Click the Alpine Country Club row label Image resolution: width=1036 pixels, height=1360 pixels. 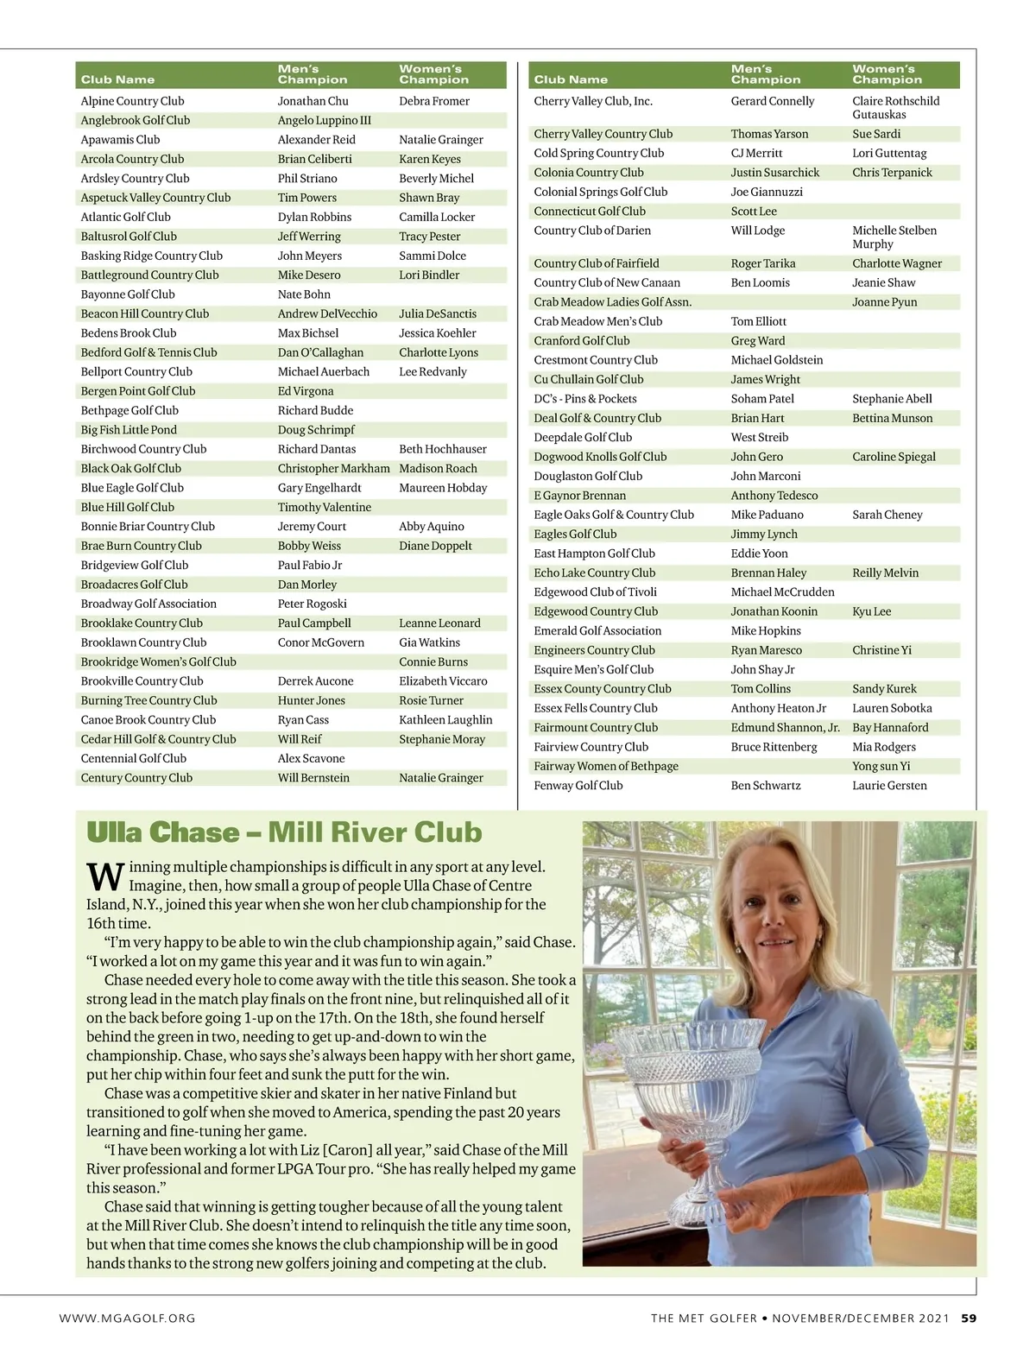(x=132, y=101)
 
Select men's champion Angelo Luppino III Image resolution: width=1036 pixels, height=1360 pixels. (x=324, y=121)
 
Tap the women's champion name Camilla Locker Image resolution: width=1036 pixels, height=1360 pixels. (x=437, y=218)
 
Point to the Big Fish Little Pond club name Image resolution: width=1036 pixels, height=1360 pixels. (x=129, y=430)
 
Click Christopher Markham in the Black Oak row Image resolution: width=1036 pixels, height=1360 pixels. (x=333, y=469)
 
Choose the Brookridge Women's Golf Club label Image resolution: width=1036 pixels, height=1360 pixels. (x=158, y=662)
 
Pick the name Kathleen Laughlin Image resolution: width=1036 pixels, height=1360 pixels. (x=445, y=720)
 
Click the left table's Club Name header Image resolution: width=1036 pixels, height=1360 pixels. (x=117, y=79)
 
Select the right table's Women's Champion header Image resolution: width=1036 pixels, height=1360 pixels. (x=887, y=74)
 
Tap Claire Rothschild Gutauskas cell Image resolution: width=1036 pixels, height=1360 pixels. (x=895, y=108)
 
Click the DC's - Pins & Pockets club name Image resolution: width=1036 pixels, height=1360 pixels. (x=584, y=399)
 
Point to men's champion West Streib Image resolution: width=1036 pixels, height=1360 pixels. (x=759, y=438)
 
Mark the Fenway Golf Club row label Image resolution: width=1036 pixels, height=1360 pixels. (x=578, y=786)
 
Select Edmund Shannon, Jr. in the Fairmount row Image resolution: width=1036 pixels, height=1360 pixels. (x=785, y=728)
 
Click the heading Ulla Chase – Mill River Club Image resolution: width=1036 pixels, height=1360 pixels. (x=284, y=832)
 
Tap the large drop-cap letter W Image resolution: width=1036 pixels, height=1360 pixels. (x=105, y=876)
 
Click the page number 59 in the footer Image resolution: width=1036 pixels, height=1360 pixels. (x=969, y=1319)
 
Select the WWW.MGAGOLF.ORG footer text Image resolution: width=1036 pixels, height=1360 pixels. (x=127, y=1319)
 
